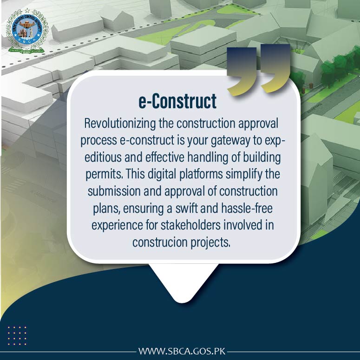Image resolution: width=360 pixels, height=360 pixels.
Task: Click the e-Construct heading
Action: (x=178, y=101)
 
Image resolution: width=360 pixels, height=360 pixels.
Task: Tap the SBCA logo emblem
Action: (x=26, y=30)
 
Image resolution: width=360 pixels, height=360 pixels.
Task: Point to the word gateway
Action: (x=234, y=141)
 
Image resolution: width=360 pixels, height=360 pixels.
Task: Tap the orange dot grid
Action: (x=17, y=335)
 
